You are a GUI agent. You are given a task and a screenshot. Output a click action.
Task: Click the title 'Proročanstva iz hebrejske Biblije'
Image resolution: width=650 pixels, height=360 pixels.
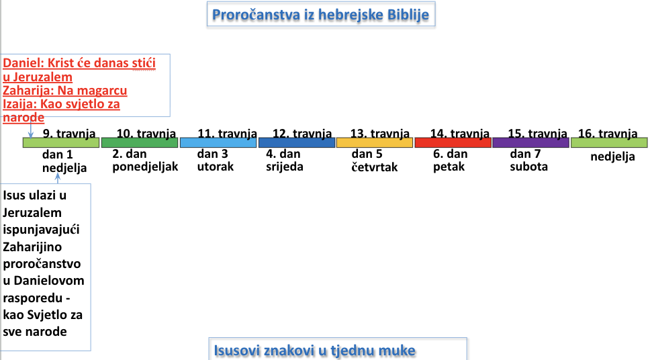click(320, 15)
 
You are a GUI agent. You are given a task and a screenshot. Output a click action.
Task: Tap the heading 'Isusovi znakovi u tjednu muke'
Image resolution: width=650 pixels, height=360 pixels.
click(314, 351)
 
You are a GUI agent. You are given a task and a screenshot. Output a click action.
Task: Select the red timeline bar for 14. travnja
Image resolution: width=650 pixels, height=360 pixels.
click(453, 142)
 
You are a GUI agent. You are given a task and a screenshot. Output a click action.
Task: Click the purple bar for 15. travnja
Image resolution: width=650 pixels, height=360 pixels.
click(530, 142)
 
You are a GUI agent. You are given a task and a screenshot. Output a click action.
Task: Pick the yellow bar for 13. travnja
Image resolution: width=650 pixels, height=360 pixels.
click(375, 142)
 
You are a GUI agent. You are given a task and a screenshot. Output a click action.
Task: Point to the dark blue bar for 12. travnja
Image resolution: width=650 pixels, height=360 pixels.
click(297, 142)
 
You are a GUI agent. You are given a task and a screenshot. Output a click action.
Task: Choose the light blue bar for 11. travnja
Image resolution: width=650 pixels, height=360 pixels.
click(218, 142)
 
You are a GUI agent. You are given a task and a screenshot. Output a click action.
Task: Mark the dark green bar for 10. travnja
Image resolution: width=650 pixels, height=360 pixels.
click(140, 142)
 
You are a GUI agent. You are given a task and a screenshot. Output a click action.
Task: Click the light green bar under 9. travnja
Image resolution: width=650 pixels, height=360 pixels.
click(61, 142)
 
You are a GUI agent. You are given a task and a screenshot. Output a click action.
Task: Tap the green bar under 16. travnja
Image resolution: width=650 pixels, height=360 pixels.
click(610, 142)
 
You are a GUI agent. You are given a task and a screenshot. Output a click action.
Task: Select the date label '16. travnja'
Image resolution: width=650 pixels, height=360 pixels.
click(608, 133)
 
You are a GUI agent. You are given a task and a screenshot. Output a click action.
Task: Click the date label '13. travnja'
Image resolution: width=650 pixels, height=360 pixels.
click(379, 133)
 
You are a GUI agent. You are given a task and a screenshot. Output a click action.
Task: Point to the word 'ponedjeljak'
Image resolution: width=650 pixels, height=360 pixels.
click(145, 167)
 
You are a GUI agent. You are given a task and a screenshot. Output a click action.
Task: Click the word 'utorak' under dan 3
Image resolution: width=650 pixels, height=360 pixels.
click(215, 167)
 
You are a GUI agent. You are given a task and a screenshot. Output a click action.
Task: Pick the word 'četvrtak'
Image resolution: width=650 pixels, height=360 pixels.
click(374, 167)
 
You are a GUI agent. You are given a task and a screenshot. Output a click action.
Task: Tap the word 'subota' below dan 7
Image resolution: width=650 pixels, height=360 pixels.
click(528, 167)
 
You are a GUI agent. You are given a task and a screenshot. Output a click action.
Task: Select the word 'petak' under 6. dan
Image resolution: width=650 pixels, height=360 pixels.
click(449, 167)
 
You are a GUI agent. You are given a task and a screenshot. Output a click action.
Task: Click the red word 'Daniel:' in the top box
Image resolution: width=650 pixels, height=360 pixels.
click(24, 63)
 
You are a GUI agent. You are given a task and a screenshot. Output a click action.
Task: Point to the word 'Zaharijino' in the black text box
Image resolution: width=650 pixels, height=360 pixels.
click(32, 247)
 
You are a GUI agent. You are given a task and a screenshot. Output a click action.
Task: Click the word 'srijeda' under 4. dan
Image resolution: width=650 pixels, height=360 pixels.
click(285, 167)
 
